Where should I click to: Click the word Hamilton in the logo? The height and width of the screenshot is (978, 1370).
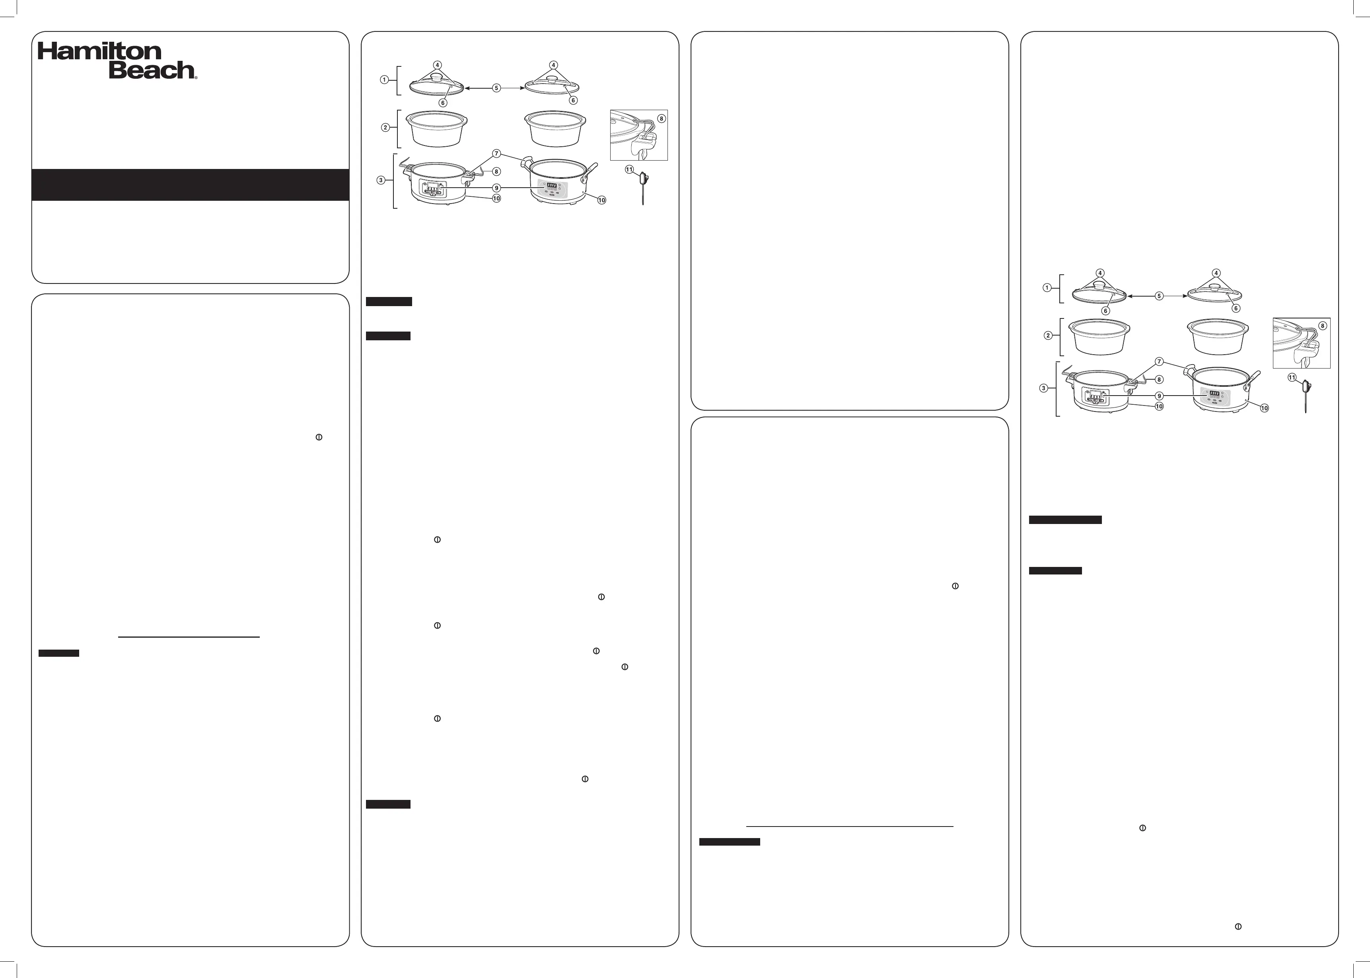click(x=100, y=51)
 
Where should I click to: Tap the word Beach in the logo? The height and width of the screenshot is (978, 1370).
click(x=151, y=70)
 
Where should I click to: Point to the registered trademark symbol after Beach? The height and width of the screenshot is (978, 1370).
click(x=195, y=76)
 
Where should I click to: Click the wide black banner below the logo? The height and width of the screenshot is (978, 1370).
click(x=191, y=185)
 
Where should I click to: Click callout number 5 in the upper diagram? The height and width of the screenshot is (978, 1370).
click(x=496, y=88)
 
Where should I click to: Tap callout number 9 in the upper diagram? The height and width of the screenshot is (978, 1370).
click(x=496, y=188)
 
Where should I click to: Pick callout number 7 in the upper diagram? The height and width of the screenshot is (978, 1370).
click(x=496, y=153)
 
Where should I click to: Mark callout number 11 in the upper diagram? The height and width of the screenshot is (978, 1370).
click(x=629, y=169)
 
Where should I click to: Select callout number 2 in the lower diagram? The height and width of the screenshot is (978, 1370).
click(x=1048, y=336)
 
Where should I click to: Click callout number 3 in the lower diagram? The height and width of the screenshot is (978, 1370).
click(x=1043, y=388)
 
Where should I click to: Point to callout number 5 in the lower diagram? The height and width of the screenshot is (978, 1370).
click(x=1158, y=296)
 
